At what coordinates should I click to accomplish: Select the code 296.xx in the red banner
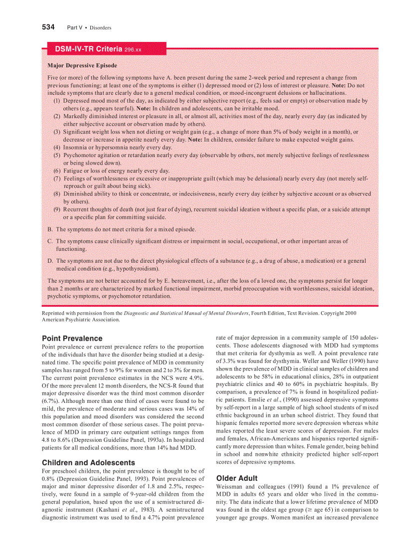tap(133, 49)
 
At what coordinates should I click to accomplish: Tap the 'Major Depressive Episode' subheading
tap(82, 65)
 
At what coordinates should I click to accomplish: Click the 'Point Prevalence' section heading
tap(72, 338)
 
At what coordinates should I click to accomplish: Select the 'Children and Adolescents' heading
tap(88, 462)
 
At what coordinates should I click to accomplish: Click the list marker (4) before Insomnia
tap(57, 147)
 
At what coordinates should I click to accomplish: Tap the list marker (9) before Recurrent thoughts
tap(57, 209)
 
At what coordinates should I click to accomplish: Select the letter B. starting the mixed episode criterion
tap(50, 229)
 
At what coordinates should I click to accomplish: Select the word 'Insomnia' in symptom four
tap(75, 147)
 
